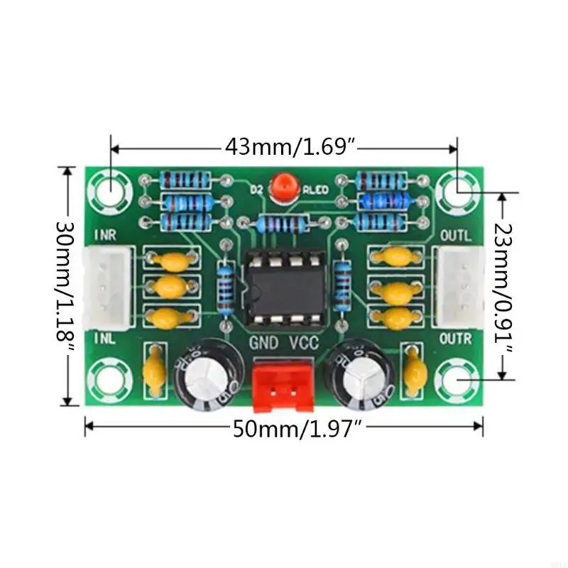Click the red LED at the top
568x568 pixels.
pos(284,188)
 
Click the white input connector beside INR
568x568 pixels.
pos(107,284)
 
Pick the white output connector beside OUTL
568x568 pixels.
pos(459,284)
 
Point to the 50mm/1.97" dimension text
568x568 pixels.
pos(298,429)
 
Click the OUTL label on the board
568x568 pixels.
pos(456,235)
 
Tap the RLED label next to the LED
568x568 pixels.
pos(315,190)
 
